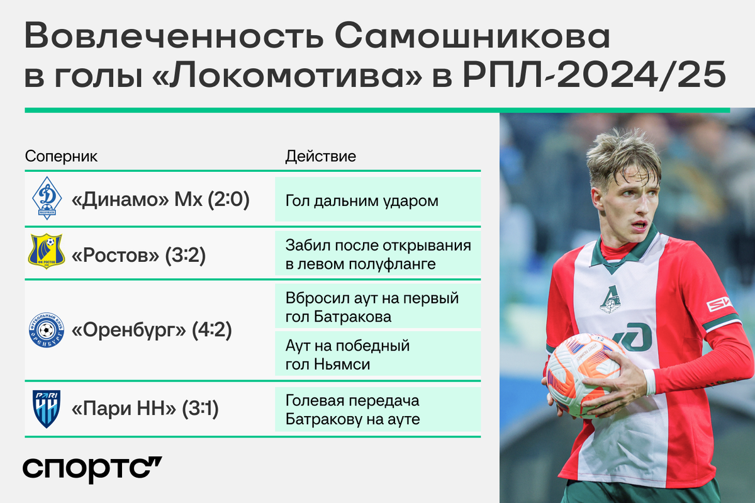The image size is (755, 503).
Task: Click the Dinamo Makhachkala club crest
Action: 47,198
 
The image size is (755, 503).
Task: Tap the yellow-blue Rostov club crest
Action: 47,251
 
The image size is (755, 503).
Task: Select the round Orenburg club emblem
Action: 47,330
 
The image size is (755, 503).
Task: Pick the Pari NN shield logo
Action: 47,409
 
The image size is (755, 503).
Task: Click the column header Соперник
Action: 61,157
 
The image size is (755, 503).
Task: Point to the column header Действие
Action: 320,157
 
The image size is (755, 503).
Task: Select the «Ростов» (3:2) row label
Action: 138,255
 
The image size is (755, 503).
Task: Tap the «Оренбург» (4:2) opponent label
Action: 152,330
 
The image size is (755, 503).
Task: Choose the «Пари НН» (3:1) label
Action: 145,409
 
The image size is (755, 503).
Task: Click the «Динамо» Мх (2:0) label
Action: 160,200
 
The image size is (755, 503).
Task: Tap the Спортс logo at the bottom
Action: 92,470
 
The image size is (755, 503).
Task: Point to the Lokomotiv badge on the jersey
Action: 610,300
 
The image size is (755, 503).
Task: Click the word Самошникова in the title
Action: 473,36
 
